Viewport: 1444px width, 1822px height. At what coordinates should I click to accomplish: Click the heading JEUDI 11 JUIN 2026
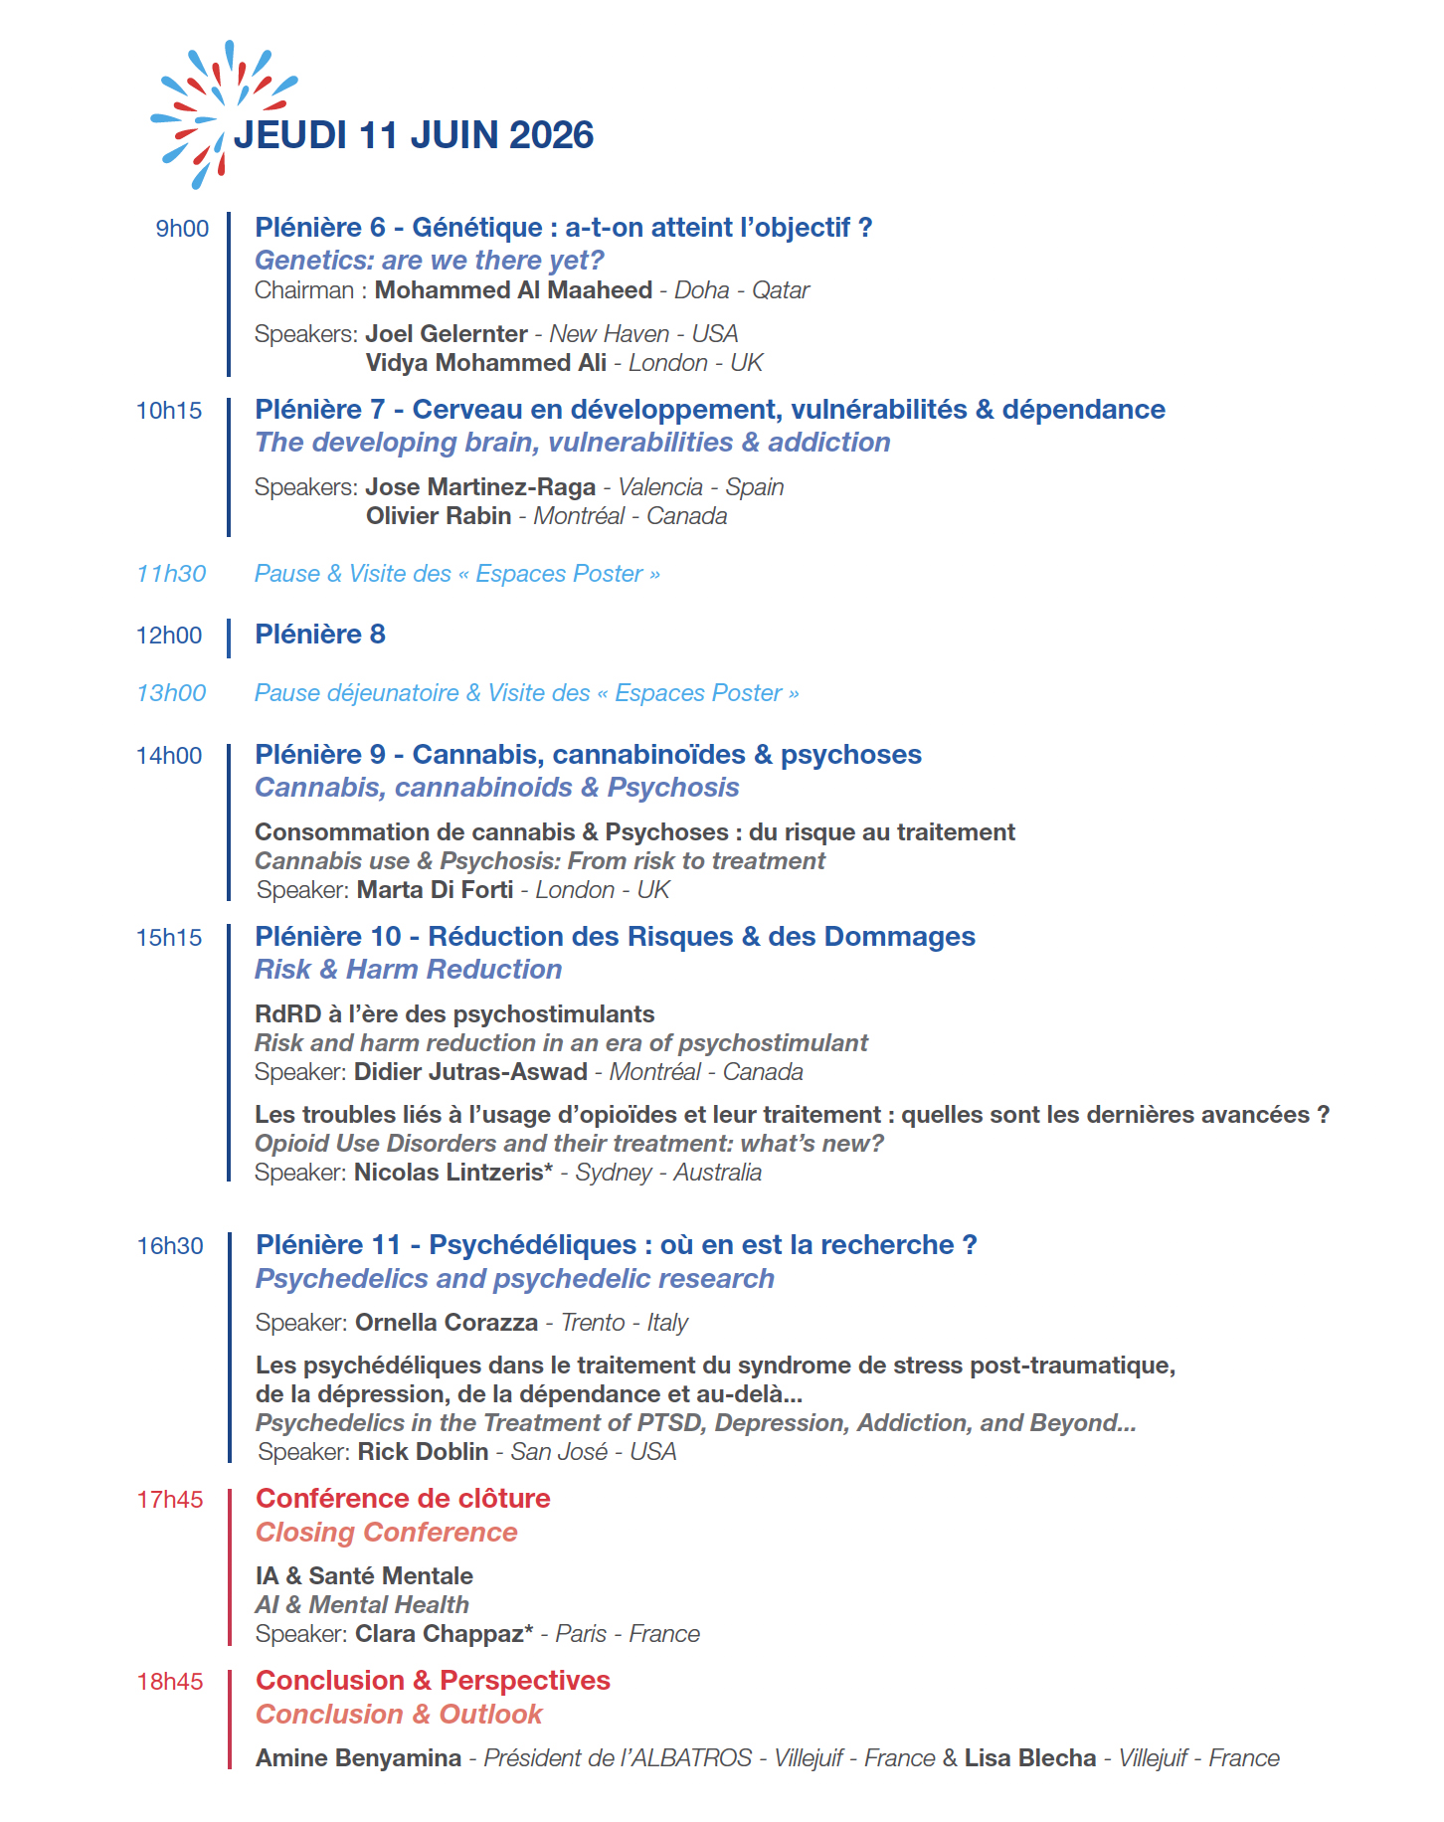pyautogui.click(x=414, y=135)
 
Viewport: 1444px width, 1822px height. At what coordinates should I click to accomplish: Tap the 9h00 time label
pyautogui.click(x=182, y=229)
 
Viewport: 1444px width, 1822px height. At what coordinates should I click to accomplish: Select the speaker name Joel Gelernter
pyautogui.click(x=447, y=334)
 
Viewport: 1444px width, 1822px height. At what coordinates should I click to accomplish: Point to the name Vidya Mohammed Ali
pyautogui.click(x=485, y=363)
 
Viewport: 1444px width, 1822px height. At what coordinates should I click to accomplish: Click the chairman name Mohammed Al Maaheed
pyautogui.click(x=513, y=290)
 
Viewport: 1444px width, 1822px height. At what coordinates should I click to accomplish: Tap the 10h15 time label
pyautogui.click(x=169, y=411)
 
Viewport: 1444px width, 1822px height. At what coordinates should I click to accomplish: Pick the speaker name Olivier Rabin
pyautogui.click(x=439, y=516)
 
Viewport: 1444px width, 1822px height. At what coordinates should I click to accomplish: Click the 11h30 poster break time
pyautogui.click(x=171, y=574)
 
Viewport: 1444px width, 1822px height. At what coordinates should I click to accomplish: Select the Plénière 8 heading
pyautogui.click(x=320, y=635)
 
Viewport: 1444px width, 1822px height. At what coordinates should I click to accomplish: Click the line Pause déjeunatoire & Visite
pyautogui.click(x=526, y=693)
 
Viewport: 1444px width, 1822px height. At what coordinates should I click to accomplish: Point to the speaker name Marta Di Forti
pyautogui.click(x=435, y=890)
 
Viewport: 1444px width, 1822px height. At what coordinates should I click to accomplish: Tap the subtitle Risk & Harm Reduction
pyautogui.click(x=408, y=970)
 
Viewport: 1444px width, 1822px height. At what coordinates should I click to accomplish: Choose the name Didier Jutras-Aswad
pyautogui.click(x=470, y=1072)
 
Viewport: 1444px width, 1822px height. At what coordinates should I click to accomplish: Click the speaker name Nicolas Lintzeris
pyautogui.click(x=450, y=1173)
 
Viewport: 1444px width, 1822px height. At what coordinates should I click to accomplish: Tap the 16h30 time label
pyautogui.click(x=170, y=1246)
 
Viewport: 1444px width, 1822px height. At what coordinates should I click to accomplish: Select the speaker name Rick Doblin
pyautogui.click(x=423, y=1452)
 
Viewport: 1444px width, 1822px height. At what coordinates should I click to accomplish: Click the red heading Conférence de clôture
pyautogui.click(x=403, y=1499)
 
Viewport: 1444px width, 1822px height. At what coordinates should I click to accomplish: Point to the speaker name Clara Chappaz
pyautogui.click(x=440, y=1634)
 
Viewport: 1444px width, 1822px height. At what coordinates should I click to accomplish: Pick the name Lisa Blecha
pyautogui.click(x=1030, y=1758)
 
